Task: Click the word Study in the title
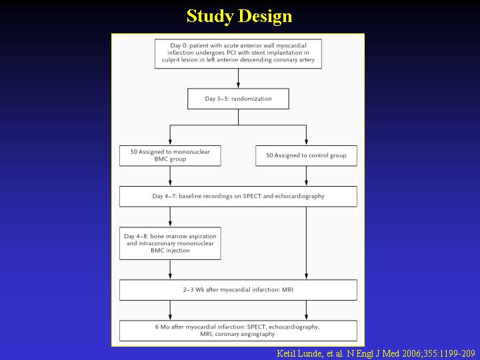coord(210,16)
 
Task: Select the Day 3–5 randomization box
coord(238,99)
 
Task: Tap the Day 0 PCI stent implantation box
coord(238,53)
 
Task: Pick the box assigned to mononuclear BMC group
coord(170,155)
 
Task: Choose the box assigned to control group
coord(306,155)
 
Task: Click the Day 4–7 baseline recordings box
coord(238,196)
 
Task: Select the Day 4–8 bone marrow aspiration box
coord(170,243)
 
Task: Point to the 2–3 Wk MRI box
coord(238,289)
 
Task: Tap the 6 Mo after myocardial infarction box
coord(238,331)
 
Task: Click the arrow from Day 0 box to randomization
coord(238,79)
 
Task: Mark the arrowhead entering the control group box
coord(306,142)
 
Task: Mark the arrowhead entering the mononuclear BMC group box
coord(170,142)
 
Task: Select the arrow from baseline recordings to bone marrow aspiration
coord(170,217)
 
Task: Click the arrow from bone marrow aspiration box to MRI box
coord(170,270)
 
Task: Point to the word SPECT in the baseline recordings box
coord(252,196)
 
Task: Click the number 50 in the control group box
coord(269,155)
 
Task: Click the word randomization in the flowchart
coord(251,99)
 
